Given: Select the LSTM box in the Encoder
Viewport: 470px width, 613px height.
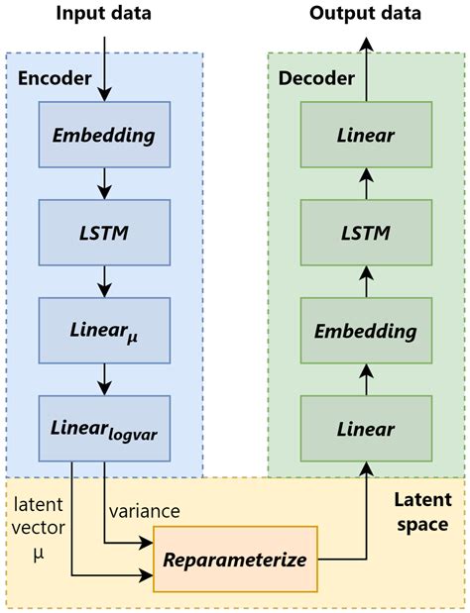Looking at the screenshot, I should [x=103, y=232].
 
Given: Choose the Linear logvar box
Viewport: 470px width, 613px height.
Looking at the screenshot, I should [x=103, y=428].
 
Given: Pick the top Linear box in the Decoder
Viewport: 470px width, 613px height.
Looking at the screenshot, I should [x=366, y=136].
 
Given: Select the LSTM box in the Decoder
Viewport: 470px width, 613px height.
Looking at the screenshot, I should [x=366, y=232].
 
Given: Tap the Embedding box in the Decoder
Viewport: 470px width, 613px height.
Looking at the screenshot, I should [x=366, y=330].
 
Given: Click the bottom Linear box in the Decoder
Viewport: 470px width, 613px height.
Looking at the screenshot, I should [x=366, y=428].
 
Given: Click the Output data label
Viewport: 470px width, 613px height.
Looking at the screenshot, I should [x=365, y=14].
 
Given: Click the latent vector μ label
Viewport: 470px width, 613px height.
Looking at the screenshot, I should [x=38, y=524].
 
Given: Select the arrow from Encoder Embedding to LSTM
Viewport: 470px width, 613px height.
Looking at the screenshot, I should [x=103, y=183].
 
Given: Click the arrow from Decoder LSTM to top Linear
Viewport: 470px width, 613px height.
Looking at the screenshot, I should [x=366, y=183].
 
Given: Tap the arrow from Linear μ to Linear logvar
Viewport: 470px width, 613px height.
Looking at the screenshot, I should [x=103, y=378].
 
